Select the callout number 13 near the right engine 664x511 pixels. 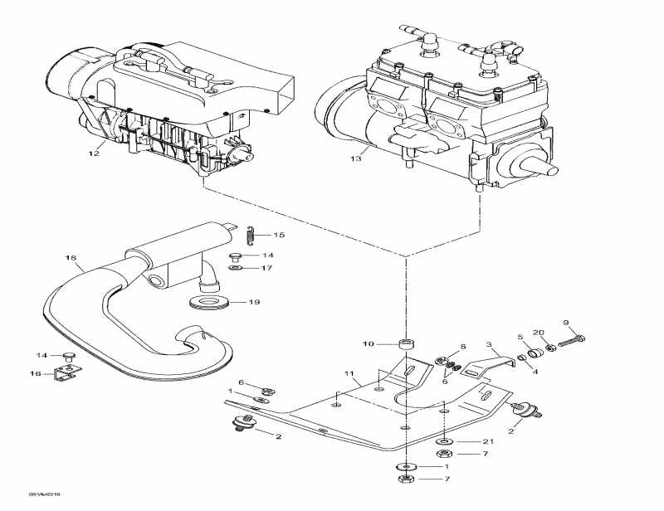pos(355,157)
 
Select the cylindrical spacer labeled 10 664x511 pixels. pos(407,343)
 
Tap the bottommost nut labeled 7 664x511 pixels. pos(406,480)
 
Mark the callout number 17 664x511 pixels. pos(267,268)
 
